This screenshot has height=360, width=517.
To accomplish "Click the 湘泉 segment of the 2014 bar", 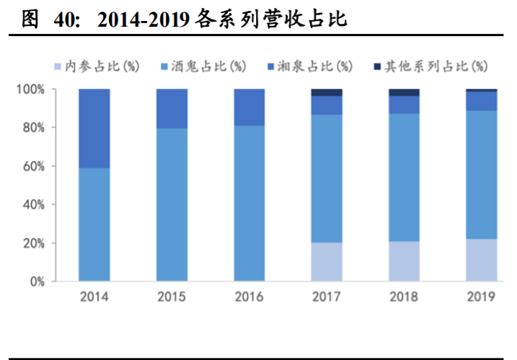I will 94,128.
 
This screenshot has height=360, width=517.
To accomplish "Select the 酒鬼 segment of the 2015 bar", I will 172,205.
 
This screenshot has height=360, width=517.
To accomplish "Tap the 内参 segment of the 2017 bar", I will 327,262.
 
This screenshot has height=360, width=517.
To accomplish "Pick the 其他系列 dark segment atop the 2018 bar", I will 404,92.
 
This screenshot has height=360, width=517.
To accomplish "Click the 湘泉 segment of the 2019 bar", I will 482,101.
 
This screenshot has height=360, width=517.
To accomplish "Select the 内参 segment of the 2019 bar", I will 482,260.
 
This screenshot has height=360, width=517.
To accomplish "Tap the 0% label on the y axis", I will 37,282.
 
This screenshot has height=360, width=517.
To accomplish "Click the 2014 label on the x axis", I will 94,297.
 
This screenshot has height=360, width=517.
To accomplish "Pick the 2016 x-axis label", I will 249,297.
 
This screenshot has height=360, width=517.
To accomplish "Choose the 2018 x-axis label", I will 404,297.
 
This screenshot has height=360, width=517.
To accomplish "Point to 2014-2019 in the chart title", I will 143,20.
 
